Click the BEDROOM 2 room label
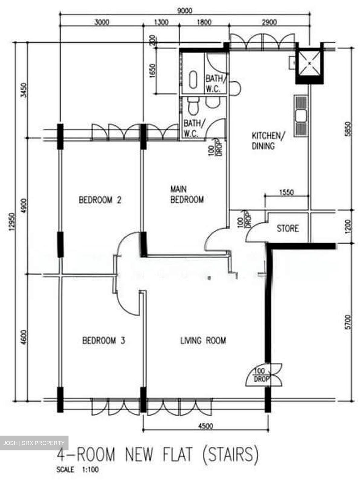[x=100, y=200]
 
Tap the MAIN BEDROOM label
[x=187, y=194]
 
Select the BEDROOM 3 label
[x=104, y=340]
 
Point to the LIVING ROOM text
[x=203, y=340]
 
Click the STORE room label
[x=287, y=229]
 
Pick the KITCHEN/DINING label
[x=268, y=141]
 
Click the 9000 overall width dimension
[x=185, y=10]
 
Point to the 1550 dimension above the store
[x=286, y=192]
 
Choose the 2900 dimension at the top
[x=269, y=22]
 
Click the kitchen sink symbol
[x=301, y=116]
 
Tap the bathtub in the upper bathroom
[x=193, y=80]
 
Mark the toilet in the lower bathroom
[x=193, y=106]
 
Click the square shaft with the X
[x=310, y=63]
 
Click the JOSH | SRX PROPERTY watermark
[x=34, y=443]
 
